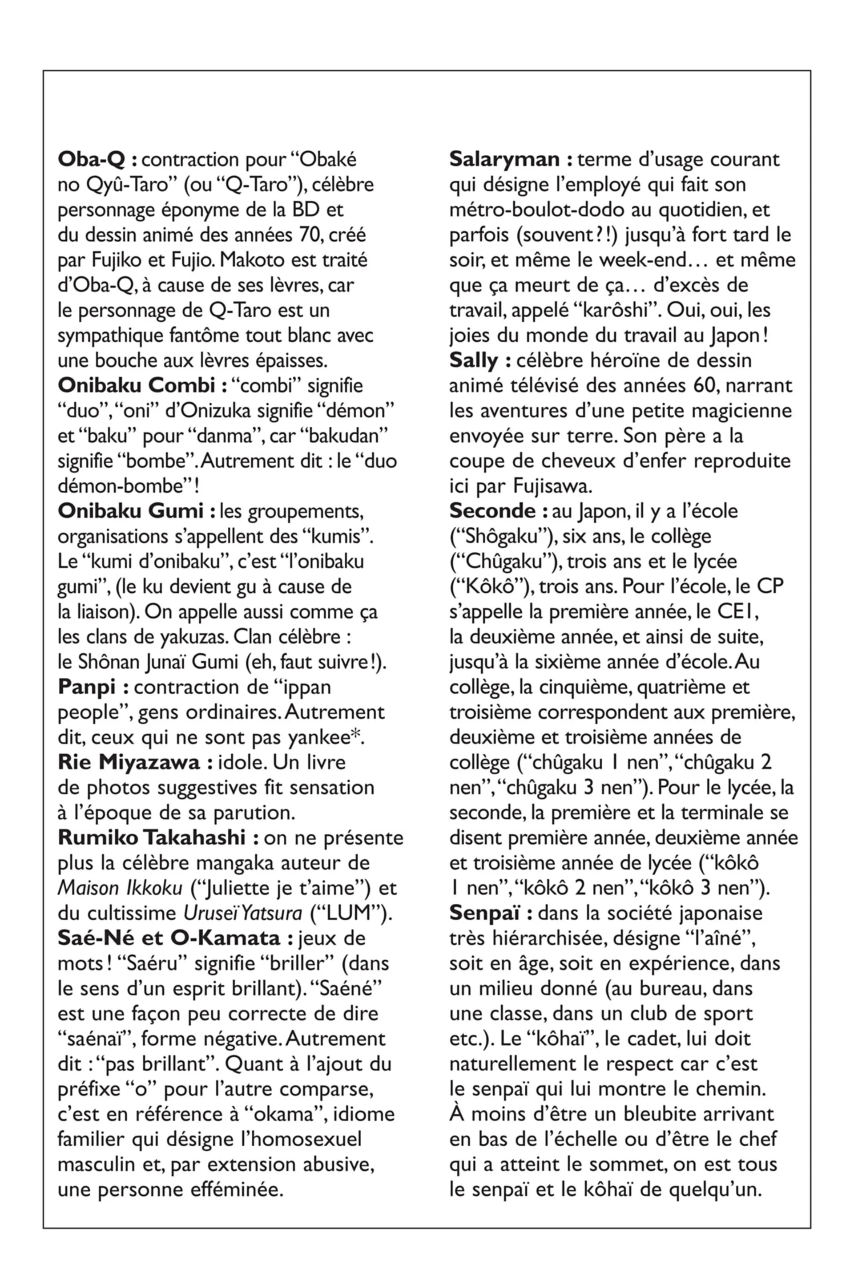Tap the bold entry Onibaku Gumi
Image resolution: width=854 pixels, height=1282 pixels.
pos(131,511)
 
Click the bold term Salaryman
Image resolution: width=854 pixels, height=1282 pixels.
pos(504,160)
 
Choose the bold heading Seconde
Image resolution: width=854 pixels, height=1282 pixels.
pos(492,511)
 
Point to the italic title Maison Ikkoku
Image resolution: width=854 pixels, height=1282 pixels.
pos(120,888)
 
